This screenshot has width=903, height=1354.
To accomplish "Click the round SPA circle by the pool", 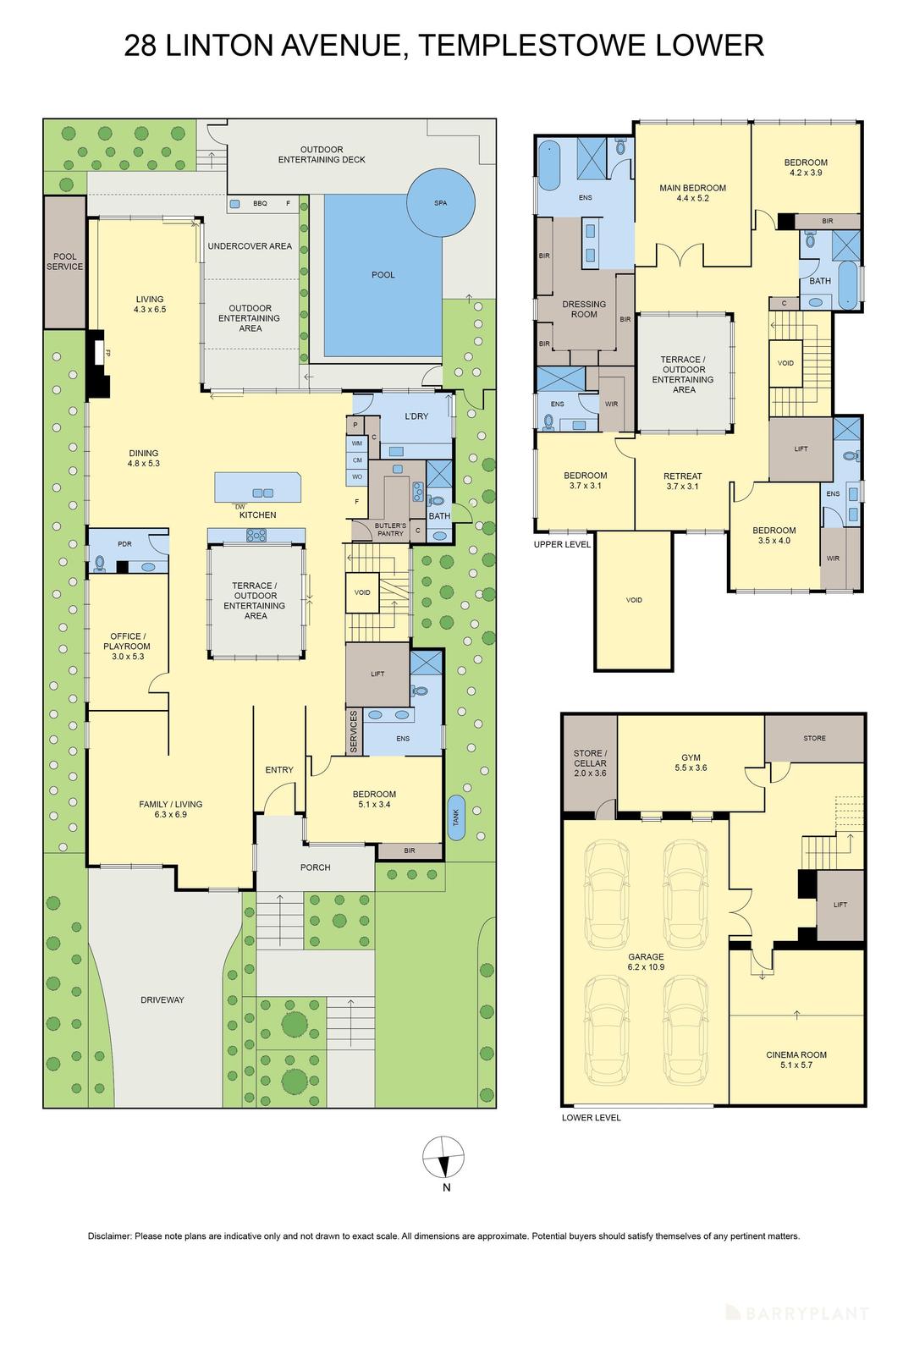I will (440, 203).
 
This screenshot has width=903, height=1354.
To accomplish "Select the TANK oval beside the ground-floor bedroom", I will (456, 817).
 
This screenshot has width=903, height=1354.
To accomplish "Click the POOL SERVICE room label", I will (65, 261).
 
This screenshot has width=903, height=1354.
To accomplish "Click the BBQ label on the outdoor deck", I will (260, 203).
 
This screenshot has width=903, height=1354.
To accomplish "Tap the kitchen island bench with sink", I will (258, 488).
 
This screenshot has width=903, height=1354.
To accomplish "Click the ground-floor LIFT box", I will (377, 674).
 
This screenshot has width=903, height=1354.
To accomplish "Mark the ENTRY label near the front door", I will (279, 769).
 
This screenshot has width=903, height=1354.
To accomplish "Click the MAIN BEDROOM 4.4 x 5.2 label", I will (692, 193).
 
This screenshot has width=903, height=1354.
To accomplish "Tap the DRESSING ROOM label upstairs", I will (584, 309).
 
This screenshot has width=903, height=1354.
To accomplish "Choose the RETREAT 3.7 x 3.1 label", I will (682, 481).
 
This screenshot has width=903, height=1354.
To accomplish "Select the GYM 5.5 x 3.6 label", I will (691, 762).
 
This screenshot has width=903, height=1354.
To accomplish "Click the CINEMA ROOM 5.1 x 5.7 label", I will (796, 1060).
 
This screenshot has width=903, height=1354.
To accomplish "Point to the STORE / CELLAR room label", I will (589, 758).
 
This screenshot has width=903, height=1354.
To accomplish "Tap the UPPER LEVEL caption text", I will (563, 544).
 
